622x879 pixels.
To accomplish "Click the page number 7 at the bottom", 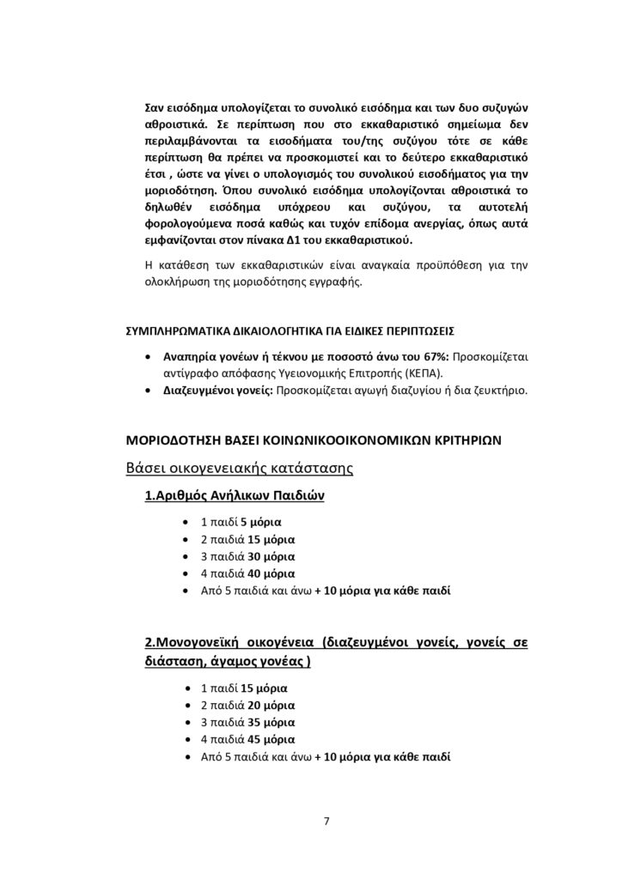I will tap(326, 821).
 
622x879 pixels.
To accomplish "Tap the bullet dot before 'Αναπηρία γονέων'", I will tap(152, 357).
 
